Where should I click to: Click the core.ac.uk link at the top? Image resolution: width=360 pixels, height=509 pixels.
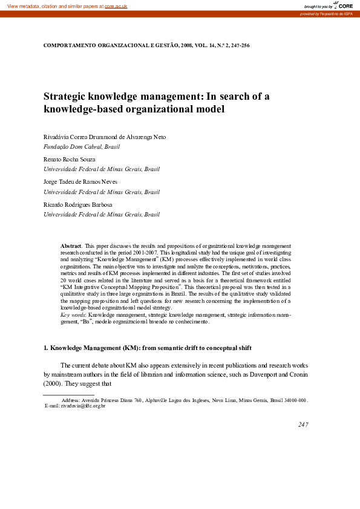coord(117,5)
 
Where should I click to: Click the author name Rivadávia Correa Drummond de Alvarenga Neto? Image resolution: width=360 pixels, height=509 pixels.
coord(104,137)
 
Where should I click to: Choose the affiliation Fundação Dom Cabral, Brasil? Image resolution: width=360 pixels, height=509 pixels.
coord(82,147)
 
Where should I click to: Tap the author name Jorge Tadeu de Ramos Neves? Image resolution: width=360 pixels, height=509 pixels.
coord(80,182)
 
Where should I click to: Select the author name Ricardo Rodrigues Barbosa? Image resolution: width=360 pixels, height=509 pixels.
coord(78,204)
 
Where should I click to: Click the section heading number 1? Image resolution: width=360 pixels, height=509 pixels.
coord(45,348)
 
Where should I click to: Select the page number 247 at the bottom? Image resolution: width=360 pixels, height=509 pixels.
coord(303,424)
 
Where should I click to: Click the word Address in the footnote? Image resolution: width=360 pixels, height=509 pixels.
coord(72,400)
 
